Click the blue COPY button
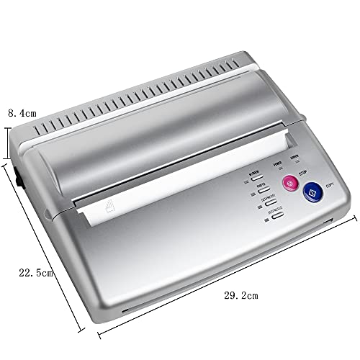tap(311, 192)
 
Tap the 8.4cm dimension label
tap(22, 113)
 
